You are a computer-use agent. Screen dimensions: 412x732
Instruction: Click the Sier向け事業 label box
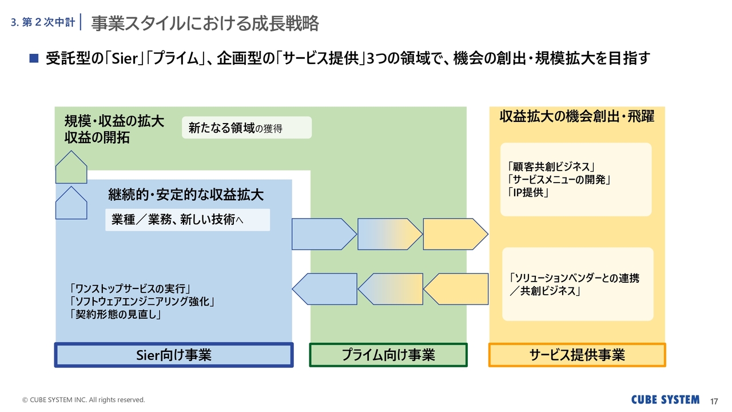(174, 355)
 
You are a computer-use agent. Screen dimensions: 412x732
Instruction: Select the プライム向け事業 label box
(388, 355)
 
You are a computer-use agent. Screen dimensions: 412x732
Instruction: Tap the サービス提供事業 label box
(577, 355)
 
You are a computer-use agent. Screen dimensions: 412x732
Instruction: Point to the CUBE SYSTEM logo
(665, 399)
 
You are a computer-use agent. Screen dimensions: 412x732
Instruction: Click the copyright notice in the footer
(83, 399)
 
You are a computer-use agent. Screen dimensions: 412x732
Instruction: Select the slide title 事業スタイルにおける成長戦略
(205, 23)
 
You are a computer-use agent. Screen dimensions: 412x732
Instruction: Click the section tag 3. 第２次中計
(43, 23)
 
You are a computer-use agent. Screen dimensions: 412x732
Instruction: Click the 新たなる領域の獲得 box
(246, 128)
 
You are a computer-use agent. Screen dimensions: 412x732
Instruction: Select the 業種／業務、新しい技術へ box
(187, 220)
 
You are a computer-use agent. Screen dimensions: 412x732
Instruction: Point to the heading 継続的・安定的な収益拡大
(186, 195)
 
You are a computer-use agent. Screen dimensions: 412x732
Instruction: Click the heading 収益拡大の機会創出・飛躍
(577, 117)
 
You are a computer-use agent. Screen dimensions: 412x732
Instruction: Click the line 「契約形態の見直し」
(114, 314)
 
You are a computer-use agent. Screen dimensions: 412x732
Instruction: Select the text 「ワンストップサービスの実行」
(129, 288)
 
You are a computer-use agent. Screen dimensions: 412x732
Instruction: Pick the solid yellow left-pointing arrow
(456, 289)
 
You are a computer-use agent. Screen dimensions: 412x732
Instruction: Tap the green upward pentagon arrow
(71, 167)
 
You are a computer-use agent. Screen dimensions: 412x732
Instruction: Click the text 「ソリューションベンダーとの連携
(574, 279)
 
